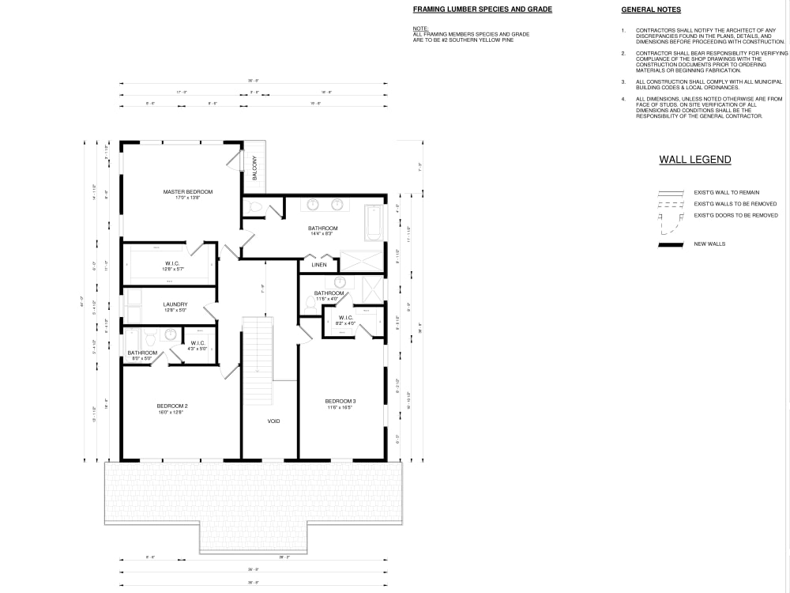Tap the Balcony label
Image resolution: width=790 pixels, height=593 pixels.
point(254,168)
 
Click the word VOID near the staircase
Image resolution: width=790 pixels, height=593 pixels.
point(273,421)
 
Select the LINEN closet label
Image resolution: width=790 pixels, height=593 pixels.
point(319,265)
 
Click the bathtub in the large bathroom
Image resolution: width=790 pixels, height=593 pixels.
point(373,223)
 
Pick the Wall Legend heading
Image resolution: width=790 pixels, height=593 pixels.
point(694,160)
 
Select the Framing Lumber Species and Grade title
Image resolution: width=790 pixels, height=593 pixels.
point(482,9)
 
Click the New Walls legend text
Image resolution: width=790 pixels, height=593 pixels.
point(709,244)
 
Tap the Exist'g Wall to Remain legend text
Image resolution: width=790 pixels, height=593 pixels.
point(727,193)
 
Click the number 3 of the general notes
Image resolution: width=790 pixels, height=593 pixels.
point(623,81)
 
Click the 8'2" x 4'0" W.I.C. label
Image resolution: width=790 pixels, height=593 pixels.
point(346,320)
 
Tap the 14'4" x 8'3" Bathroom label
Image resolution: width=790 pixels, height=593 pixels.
point(322,231)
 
